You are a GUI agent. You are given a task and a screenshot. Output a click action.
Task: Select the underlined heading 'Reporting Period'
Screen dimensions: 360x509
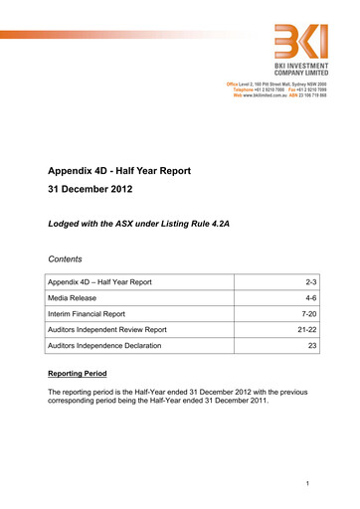coord(87,376)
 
